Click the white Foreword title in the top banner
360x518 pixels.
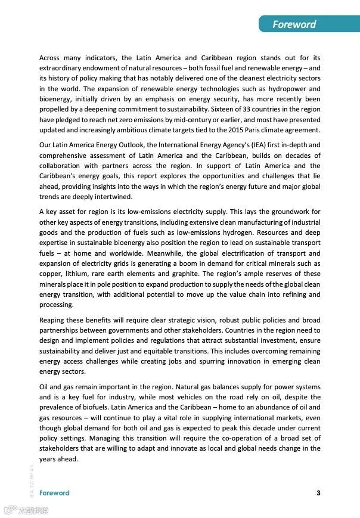(x=294, y=24)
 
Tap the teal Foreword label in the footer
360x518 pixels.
(x=54, y=493)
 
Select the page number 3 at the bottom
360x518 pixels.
(x=318, y=493)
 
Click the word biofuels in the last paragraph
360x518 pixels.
(x=83, y=407)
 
